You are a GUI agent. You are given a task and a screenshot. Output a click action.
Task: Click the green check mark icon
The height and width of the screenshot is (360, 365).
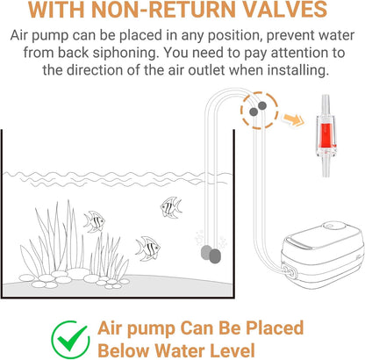(x=70, y=340)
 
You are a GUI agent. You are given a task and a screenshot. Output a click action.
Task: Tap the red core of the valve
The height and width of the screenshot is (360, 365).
(x=324, y=135)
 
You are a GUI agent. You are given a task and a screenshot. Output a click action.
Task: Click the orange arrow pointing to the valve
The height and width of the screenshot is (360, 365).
(x=293, y=119)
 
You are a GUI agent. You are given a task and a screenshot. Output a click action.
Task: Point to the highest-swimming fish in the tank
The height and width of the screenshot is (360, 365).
(x=171, y=207)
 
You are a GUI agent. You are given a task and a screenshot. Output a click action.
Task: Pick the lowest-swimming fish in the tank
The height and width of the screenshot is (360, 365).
(x=147, y=248)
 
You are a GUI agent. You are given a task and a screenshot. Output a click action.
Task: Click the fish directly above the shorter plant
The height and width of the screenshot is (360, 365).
(x=94, y=222)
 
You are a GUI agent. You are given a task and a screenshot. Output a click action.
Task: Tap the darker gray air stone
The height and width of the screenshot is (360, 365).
(x=215, y=256)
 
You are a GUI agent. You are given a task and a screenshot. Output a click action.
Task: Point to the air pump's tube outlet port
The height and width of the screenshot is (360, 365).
(x=289, y=270)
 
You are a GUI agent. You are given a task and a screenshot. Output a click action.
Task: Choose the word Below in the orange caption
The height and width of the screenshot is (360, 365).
(x=123, y=350)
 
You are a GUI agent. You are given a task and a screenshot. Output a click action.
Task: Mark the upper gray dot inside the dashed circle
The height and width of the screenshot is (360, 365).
(x=262, y=105)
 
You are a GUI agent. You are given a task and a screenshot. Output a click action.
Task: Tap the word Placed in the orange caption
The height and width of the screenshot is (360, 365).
(x=275, y=328)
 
